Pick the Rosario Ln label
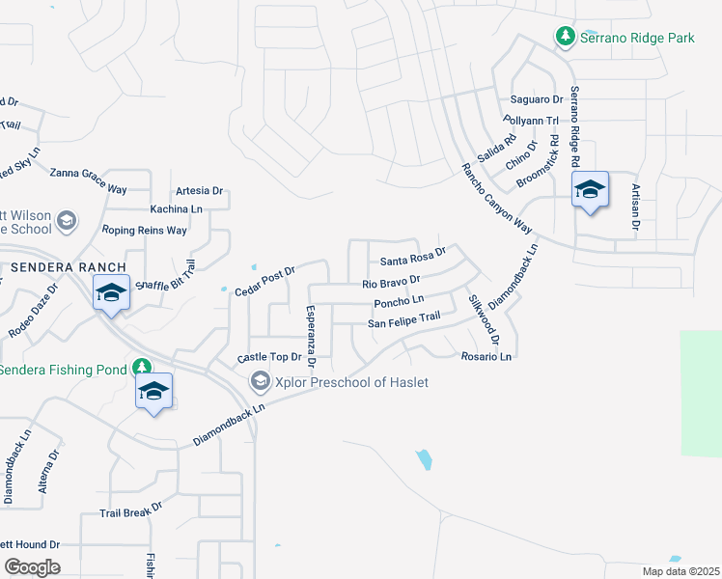[x=486, y=356]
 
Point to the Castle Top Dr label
[x=269, y=357]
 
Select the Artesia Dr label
[x=199, y=191]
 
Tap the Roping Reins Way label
[x=145, y=231]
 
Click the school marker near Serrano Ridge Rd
[x=590, y=191]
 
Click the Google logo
[x=31, y=566]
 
